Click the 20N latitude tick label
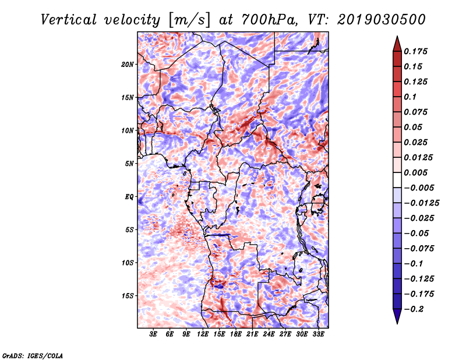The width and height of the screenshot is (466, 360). click(128, 65)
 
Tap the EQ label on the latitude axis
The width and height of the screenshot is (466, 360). click(129, 197)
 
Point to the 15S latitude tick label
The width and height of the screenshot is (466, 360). click(128, 296)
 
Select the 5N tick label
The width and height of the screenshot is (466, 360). click(129, 164)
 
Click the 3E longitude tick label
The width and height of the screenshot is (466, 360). click(153, 334)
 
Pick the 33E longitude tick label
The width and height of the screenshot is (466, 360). click(318, 334)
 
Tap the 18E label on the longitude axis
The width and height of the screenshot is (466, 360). click(236, 334)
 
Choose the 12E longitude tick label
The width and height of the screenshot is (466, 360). click(203, 334)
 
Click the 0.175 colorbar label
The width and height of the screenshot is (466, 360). click(415, 51)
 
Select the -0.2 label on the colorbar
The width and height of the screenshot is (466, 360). click(414, 309)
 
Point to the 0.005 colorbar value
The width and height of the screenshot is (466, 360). click(415, 172)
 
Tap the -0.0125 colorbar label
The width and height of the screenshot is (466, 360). click(421, 203)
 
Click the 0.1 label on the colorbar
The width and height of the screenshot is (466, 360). click(410, 97)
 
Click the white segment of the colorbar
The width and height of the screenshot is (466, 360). click(397, 180)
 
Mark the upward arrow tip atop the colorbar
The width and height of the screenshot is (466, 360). click(397, 36)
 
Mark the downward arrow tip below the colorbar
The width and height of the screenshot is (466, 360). click(397, 323)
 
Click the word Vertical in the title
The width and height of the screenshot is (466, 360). click(68, 20)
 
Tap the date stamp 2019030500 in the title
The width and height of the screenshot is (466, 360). click(382, 20)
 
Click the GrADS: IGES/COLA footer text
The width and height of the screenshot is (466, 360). click(33, 355)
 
